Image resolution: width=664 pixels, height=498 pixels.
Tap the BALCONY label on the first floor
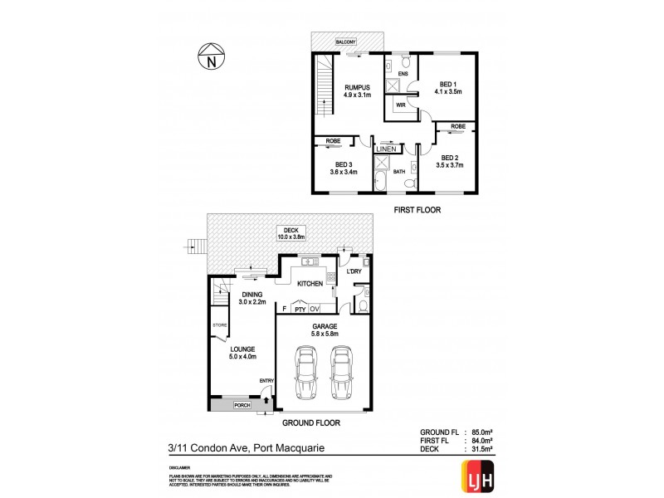tap(347, 40)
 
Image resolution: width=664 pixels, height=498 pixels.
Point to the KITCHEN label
tap(309, 284)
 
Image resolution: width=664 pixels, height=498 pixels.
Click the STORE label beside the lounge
tap(219, 326)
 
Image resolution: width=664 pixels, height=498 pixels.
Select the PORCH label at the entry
tap(241, 406)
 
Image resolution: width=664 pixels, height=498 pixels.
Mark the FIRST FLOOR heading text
tap(417, 211)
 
